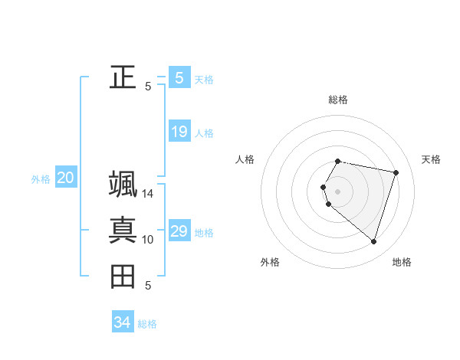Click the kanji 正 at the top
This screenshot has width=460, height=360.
(x=123, y=77)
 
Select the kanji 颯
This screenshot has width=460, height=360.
(x=123, y=185)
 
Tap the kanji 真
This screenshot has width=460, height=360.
(x=123, y=230)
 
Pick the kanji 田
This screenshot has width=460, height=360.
(x=123, y=276)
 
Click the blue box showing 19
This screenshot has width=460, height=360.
(x=179, y=132)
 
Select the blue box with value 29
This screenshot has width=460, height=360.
(x=179, y=231)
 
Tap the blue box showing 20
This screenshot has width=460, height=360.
(x=65, y=178)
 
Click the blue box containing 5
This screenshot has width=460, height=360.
(x=179, y=77)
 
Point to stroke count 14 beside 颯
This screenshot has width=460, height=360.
(x=148, y=194)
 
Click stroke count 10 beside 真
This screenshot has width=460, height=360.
(x=148, y=240)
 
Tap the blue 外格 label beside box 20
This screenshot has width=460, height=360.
(x=41, y=180)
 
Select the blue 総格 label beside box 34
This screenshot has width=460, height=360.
(x=147, y=324)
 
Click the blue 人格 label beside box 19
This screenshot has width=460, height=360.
(x=204, y=133)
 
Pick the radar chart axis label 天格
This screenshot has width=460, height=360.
(x=431, y=159)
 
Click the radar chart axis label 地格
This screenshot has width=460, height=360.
(x=402, y=262)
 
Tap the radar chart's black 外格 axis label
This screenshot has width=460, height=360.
(x=270, y=262)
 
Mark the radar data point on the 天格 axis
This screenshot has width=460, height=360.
(x=396, y=172)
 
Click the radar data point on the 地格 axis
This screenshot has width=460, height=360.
(x=373, y=241)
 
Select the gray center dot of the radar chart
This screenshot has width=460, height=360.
(x=337, y=191)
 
